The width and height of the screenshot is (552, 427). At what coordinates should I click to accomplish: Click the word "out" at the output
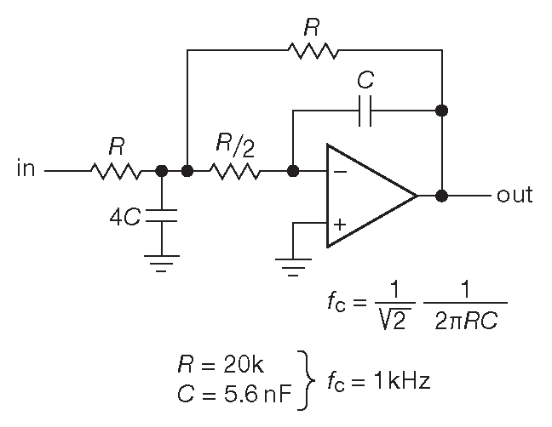click(514, 196)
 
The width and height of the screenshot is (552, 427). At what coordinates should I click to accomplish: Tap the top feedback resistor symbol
click(313, 52)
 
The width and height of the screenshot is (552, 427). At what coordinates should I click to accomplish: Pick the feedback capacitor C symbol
click(365, 110)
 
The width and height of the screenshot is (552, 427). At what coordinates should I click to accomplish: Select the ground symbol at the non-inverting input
click(293, 267)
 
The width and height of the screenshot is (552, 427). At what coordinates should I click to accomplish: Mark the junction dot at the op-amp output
click(441, 196)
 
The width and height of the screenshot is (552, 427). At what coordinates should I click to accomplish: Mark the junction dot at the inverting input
click(293, 171)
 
